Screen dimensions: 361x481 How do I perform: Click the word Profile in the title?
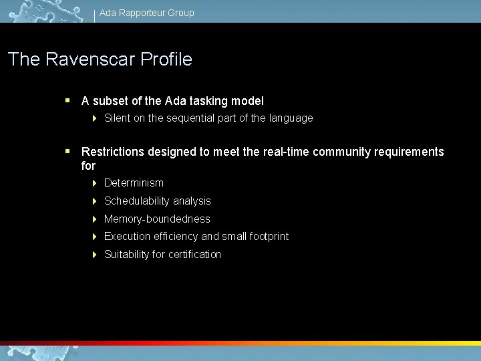pos(166,59)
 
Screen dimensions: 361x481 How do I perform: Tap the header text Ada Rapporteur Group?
pos(147,13)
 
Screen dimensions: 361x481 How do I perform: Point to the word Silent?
pos(118,118)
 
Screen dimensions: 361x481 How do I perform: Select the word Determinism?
pos(134,183)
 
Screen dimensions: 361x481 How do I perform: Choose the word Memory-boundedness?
pos(157,219)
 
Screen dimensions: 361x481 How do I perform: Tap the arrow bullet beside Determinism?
pos(95,183)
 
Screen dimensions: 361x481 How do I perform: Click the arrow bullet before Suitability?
pos(95,255)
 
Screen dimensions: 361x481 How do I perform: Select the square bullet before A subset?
pos(67,101)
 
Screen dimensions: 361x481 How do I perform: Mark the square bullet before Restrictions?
pos(67,152)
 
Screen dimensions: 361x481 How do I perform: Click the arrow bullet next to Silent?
pos(95,118)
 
